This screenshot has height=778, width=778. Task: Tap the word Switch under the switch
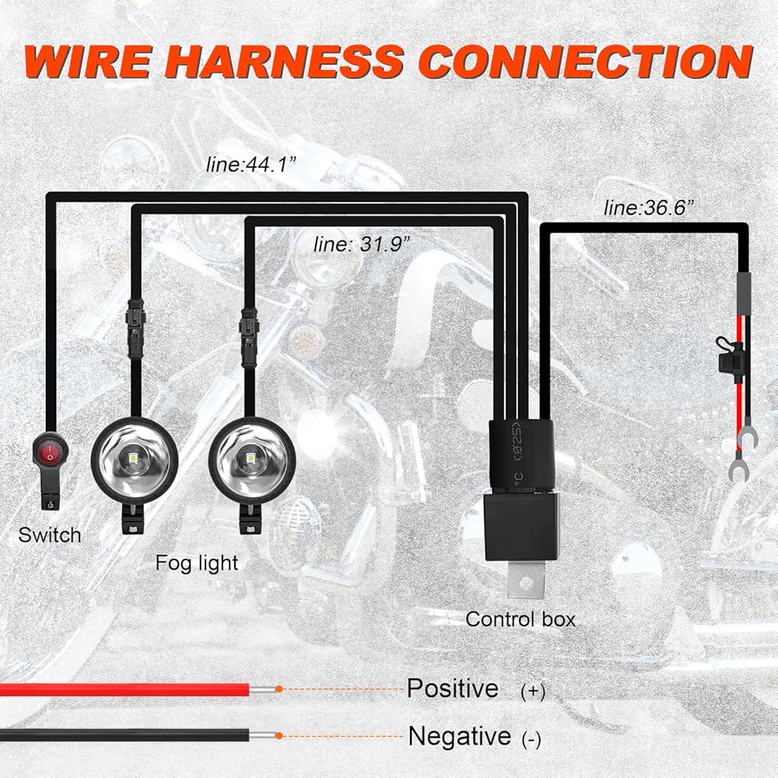[50, 535]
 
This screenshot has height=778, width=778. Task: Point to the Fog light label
[197, 562]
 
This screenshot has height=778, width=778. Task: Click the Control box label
[520, 619]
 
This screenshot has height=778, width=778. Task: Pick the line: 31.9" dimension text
[362, 244]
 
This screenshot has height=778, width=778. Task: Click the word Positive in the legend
[453, 689]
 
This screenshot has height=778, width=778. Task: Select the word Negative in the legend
[460, 735]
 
